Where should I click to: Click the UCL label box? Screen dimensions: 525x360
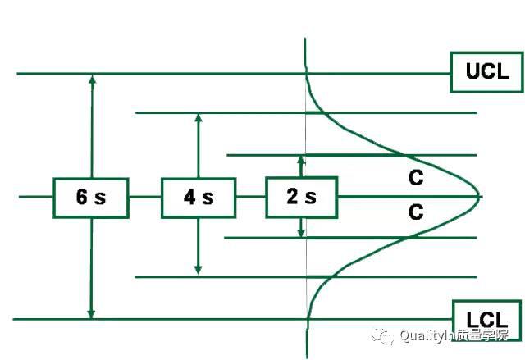[x=486, y=72]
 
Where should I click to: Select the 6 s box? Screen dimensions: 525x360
[x=91, y=198]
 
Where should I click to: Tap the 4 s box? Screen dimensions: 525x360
[x=199, y=198]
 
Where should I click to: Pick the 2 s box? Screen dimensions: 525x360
[x=301, y=197]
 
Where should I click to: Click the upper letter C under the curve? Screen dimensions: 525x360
[x=416, y=178]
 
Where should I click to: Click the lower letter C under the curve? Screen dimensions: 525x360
[x=416, y=212]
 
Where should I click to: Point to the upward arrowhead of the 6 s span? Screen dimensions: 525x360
[x=93, y=79]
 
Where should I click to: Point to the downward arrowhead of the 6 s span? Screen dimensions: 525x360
[x=91, y=314]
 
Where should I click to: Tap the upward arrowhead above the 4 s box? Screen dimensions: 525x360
[x=199, y=118]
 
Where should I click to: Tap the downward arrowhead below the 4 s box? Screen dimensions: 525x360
[x=198, y=270]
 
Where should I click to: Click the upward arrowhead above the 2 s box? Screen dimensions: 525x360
[x=301, y=160]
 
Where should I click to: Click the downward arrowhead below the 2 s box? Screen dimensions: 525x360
[x=301, y=232]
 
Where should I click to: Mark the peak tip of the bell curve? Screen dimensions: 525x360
[x=479, y=196]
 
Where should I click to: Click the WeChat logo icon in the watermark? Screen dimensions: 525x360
[x=382, y=336]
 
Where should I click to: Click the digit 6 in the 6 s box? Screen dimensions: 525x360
[x=81, y=197]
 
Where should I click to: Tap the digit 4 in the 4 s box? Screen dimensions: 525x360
[x=189, y=197]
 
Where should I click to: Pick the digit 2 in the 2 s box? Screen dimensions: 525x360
[x=292, y=196]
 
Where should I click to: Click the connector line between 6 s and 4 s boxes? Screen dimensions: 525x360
[x=145, y=197]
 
